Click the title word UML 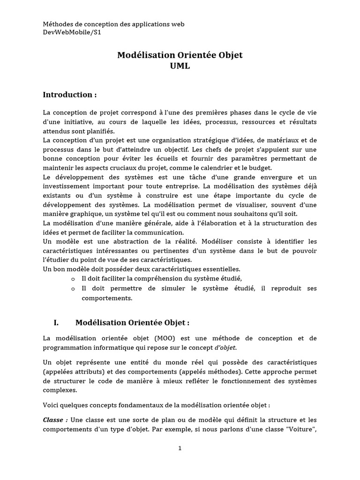pos(180,66)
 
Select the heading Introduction pos(70,95)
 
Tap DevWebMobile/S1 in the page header pos(72,32)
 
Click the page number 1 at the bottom pos(180,448)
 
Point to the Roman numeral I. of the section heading pos(56,322)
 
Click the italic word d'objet pos(226,347)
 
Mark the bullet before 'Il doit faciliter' pos(73,279)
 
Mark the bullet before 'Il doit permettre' pos(73,289)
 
